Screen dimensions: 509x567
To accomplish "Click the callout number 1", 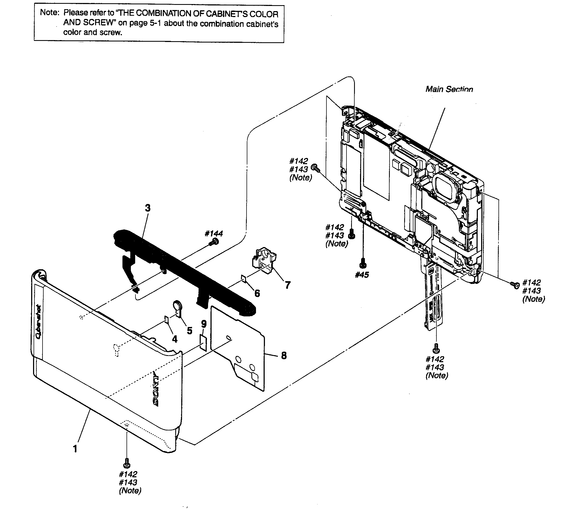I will pos(75,449).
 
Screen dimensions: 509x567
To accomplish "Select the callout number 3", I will pos(148,208).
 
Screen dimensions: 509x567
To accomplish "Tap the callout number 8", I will pos(284,355).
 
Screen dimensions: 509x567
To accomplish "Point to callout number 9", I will pos(204,324).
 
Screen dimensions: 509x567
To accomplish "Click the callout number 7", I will pos(287,285).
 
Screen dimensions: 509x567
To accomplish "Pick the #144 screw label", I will pos(214,234).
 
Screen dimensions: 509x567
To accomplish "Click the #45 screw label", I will pos(362,275).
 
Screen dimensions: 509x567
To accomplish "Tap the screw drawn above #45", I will pos(363,262).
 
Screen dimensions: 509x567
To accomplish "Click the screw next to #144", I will pos(215,242).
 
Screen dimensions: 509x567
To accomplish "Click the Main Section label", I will pos(449,89).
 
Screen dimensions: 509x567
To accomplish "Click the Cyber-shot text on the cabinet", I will pos(38,322).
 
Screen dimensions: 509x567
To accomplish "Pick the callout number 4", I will pos(174,339).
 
